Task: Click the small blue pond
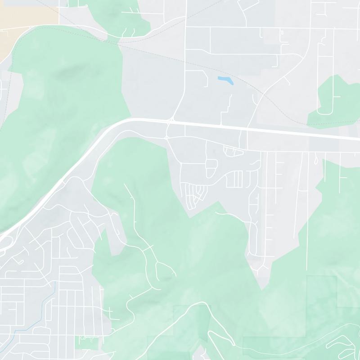tap(225, 81)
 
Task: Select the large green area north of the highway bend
tap(67, 112)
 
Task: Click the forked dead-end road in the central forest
tap(164, 270)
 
